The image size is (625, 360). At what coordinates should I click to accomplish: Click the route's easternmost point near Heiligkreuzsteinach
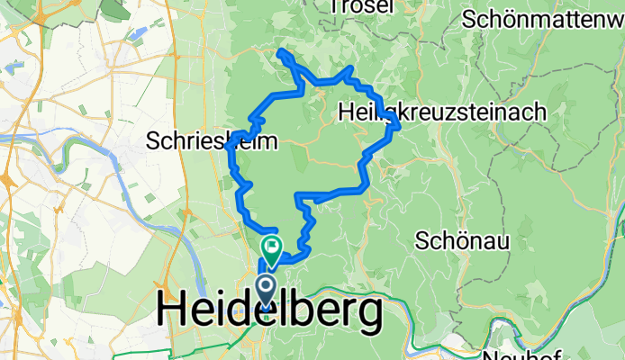tap(398, 125)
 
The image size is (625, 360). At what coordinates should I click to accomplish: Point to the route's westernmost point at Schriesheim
tap(225, 147)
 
